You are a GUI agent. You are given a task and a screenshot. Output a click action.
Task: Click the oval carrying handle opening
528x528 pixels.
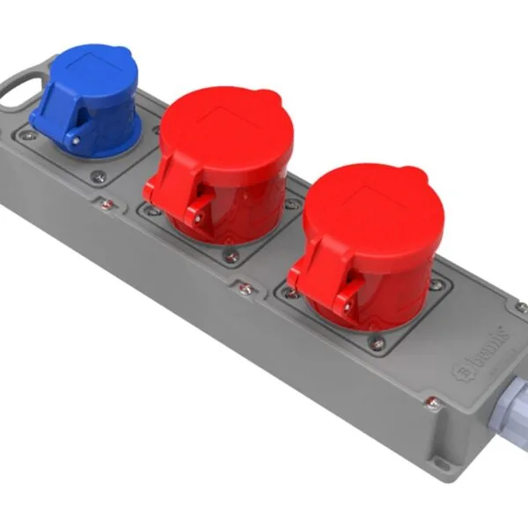click(x=20, y=93)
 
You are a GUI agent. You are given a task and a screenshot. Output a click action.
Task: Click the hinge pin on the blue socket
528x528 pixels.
click(x=75, y=138)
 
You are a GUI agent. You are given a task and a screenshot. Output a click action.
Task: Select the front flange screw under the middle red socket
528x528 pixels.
click(x=231, y=255)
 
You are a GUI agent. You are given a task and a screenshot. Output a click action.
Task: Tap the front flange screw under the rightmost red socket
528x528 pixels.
click(x=377, y=343)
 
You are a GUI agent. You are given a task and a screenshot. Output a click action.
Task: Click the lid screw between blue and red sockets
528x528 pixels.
click(x=106, y=204)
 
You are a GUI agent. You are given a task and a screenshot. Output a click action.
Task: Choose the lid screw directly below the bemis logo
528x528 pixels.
click(x=431, y=404)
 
